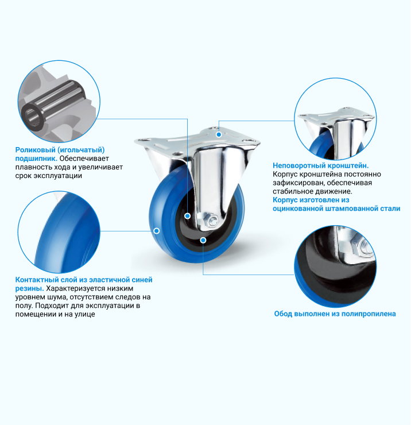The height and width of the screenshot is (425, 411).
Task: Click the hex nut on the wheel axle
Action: coord(212,220)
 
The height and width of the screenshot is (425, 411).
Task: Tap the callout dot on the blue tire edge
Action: coord(156,231)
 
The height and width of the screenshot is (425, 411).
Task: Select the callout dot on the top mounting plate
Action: coord(219,134)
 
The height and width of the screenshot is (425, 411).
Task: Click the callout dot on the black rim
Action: coord(203,240)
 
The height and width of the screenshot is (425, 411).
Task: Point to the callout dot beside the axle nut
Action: coord(188,216)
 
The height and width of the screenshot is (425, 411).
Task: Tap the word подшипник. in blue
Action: coord(36,159)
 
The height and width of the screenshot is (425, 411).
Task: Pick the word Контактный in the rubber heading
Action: coord(37,280)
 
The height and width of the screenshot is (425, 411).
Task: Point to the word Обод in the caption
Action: coord(283,314)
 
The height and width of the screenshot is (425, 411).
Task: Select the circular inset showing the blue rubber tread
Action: coord(59,232)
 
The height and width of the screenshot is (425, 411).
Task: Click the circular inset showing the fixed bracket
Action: coord(335,119)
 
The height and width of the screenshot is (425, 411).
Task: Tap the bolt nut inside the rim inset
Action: coord(363,246)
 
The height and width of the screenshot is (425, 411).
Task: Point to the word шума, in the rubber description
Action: coord(58,297)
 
